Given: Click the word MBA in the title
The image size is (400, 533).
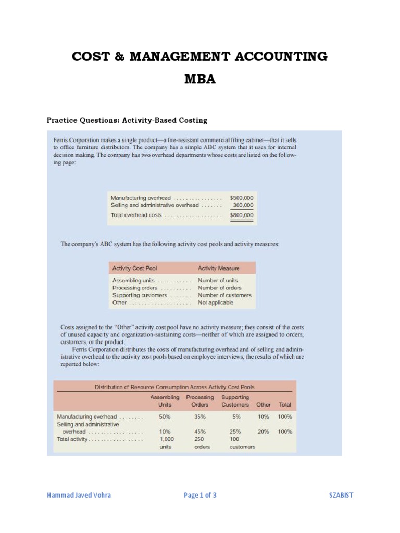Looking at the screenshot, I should click(x=200, y=80).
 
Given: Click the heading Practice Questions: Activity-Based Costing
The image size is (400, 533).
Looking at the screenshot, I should click(x=127, y=120).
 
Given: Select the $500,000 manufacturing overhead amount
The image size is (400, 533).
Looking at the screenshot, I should click(x=242, y=198).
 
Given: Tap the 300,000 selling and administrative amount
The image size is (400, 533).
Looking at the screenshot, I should click(x=243, y=205).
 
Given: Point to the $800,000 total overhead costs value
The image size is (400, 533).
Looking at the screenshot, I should click(x=242, y=215).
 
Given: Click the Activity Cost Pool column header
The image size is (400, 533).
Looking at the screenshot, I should click(x=134, y=269).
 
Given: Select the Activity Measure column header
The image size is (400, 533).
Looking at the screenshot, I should click(x=219, y=269).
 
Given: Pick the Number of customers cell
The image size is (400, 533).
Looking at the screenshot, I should click(x=224, y=295).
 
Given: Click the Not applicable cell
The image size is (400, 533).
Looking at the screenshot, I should click(x=216, y=302).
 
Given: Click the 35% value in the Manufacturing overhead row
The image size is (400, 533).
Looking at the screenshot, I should click(x=200, y=417).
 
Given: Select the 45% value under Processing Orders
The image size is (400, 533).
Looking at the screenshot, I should click(x=200, y=432).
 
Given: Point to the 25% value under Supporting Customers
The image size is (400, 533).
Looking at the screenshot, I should click(x=235, y=432).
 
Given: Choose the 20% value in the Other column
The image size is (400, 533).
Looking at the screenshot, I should click(x=263, y=432).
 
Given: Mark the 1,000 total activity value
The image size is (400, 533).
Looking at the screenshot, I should click(x=167, y=439).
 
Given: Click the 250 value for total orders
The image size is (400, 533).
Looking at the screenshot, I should click(x=199, y=439).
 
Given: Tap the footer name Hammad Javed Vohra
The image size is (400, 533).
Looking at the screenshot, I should click(x=79, y=495).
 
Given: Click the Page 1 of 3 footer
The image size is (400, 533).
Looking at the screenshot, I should click(x=200, y=495).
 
